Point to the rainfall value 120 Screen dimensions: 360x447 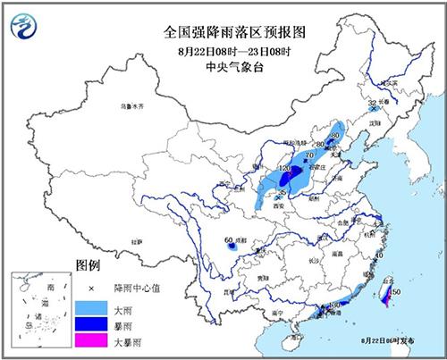[x=286, y=168]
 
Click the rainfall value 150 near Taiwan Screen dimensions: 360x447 [x=394, y=292]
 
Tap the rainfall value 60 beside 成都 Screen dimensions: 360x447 [x=229, y=240]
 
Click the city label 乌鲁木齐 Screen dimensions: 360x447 [x=132, y=106]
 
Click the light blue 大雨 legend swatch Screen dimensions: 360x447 [x=88, y=306]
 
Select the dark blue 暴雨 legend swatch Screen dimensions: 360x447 [x=88, y=324]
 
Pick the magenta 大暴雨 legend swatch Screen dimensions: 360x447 [x=88, y=341]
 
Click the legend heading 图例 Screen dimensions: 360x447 [x=87, y=267]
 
